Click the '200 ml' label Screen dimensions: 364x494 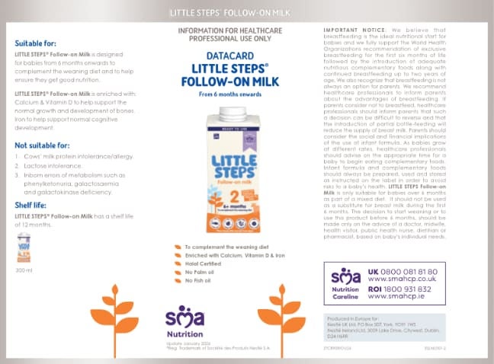point(24,270)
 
